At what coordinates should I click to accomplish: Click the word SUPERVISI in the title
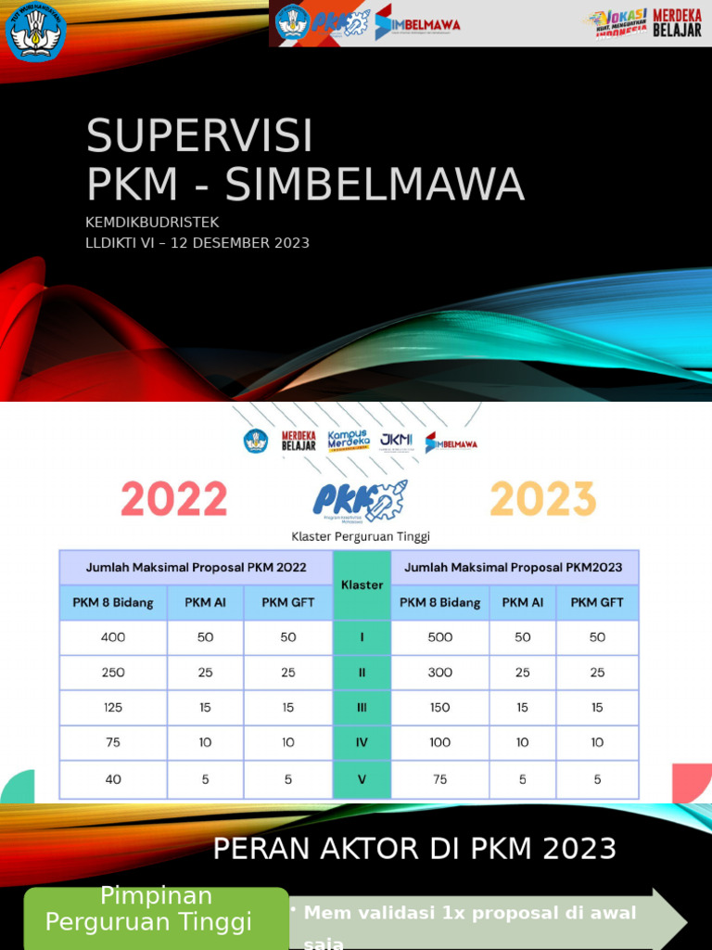[x=199, y=137]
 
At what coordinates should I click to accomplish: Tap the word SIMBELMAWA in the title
[x=375, y=186]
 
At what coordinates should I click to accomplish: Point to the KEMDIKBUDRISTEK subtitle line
[x=152, y=222]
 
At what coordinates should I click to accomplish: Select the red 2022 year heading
[x=173, y=499]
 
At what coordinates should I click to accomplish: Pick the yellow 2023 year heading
[x=542, y=499]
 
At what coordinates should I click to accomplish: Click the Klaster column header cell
[x=362, y=584]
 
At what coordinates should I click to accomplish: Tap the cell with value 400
[x=113, y=637]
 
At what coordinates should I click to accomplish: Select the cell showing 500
[x=439, y=637]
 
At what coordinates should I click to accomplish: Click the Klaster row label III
[x=362, y=707]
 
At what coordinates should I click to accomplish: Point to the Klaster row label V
[x=362, y=779]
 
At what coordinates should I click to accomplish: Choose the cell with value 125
[x=113, y=707]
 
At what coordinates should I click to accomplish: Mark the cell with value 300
[x=439, y=673]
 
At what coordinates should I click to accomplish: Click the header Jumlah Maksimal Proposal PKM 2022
[x=196, y=567]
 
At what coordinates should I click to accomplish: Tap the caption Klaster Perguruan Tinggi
[x=361, y=536]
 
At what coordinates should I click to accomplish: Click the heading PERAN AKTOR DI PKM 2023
[x=414, y=848]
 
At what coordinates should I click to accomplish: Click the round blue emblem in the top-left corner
[x=35, y=32]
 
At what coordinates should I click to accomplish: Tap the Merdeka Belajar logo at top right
[x=677, y=23]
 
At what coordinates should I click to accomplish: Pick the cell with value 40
[x=113, y=779]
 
